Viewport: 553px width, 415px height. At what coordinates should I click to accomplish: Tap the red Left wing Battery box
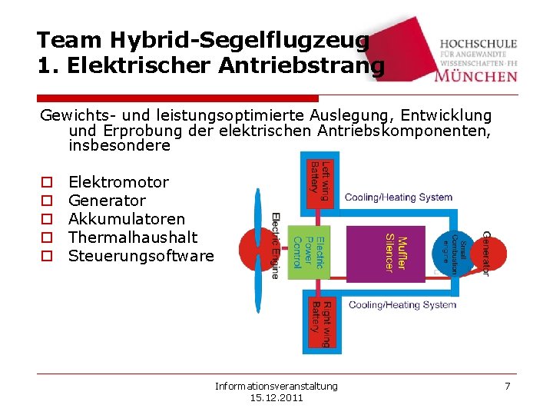pos(320,179)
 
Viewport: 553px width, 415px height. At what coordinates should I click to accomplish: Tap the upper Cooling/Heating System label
pos(399,198)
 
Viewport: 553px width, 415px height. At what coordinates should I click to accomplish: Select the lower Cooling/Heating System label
pos(402,305)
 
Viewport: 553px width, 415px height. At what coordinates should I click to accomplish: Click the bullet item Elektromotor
pos(118,182)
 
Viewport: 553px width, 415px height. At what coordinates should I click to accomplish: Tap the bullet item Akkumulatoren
pos(127,219)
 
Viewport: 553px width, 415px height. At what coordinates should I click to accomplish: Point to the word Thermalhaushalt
pos(133,237)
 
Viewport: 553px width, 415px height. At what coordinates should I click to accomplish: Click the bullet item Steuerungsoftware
pos(141,256)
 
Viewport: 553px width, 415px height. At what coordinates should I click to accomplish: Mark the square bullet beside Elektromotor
pos(46,183)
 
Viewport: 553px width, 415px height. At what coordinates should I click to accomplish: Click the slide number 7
pos(507,386)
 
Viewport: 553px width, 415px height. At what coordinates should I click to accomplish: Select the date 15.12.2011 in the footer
pos(276,398)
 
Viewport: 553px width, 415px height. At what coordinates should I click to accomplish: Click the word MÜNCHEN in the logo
pos(475,75)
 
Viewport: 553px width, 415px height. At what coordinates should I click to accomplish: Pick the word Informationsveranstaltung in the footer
pos(276,386)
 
